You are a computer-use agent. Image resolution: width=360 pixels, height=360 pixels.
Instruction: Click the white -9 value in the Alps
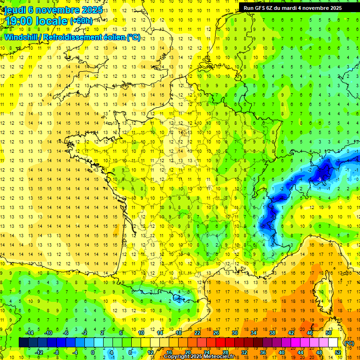click(x=319, y=179)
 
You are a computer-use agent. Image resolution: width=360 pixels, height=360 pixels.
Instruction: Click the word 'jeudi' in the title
click(x=15, y=10)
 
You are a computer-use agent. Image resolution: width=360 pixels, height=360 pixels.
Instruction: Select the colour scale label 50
click(x=328, y=333)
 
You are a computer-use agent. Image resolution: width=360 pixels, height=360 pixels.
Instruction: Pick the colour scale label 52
click(x=337, y=352)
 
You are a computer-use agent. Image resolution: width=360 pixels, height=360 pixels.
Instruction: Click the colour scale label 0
click(x=93, y=352)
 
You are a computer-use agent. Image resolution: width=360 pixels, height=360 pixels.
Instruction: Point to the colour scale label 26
click(x=216, y=333)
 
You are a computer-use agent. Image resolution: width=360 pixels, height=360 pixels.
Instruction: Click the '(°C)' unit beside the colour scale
click(x=349, y=343)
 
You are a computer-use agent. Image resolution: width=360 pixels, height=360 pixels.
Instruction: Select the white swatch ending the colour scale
click(x=333, y=343)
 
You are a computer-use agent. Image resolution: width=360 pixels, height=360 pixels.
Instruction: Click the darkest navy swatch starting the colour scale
click(x=23, y=343)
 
